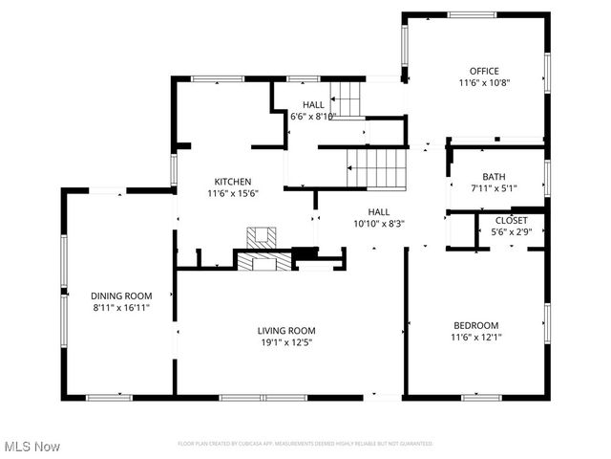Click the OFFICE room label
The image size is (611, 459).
tap(483, 71)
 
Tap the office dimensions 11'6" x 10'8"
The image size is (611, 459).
tap(483, 82)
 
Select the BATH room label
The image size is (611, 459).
tap(494, 177)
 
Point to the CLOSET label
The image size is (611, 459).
tap(510, 220)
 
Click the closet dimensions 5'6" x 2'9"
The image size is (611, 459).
tap(510, 231)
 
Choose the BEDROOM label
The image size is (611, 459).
tap(474, 325)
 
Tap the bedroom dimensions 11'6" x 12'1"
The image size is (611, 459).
tap(474, 337)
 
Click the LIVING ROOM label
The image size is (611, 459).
tap(285, 331)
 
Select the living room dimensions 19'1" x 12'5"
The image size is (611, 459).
tap(285, 342)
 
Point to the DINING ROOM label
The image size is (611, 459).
tap(121, 296)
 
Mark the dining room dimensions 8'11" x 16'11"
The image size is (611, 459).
tap(121, 308)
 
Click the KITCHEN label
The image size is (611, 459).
tap(232, 182)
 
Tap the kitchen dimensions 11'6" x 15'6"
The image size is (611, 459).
tap(232, 193)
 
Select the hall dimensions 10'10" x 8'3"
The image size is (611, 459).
tap(379, 224)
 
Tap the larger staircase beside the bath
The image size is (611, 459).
tap(378, 168)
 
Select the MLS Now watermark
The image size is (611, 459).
tap(32, 447)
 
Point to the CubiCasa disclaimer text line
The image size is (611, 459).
tap(305, 444)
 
